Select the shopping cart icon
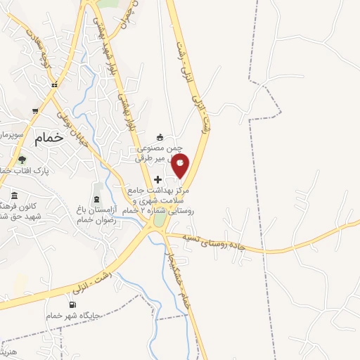[35, 111]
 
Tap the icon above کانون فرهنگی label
[14, 195]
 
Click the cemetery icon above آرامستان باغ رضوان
[97, 185]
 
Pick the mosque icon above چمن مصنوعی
[160, 137]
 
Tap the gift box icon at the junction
[53, 84]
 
